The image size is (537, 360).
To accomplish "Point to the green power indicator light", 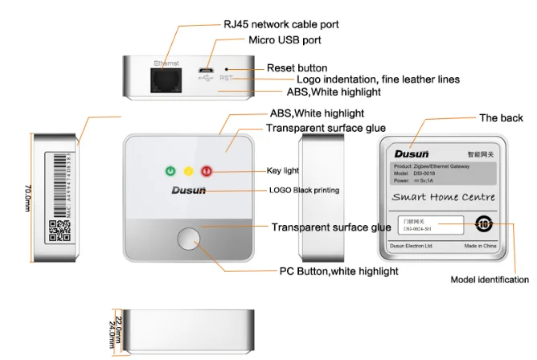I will [170, 170].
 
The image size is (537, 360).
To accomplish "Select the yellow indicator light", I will [188, 170].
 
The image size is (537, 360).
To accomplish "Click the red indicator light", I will [206, 170].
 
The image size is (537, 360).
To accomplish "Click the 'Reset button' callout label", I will [297, 68].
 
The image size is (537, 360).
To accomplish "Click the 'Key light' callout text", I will [282, 170].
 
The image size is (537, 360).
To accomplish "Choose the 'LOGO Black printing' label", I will [304, 190].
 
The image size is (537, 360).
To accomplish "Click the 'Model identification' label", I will [489, 280].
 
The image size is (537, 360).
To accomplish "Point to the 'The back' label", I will [501, 118].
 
